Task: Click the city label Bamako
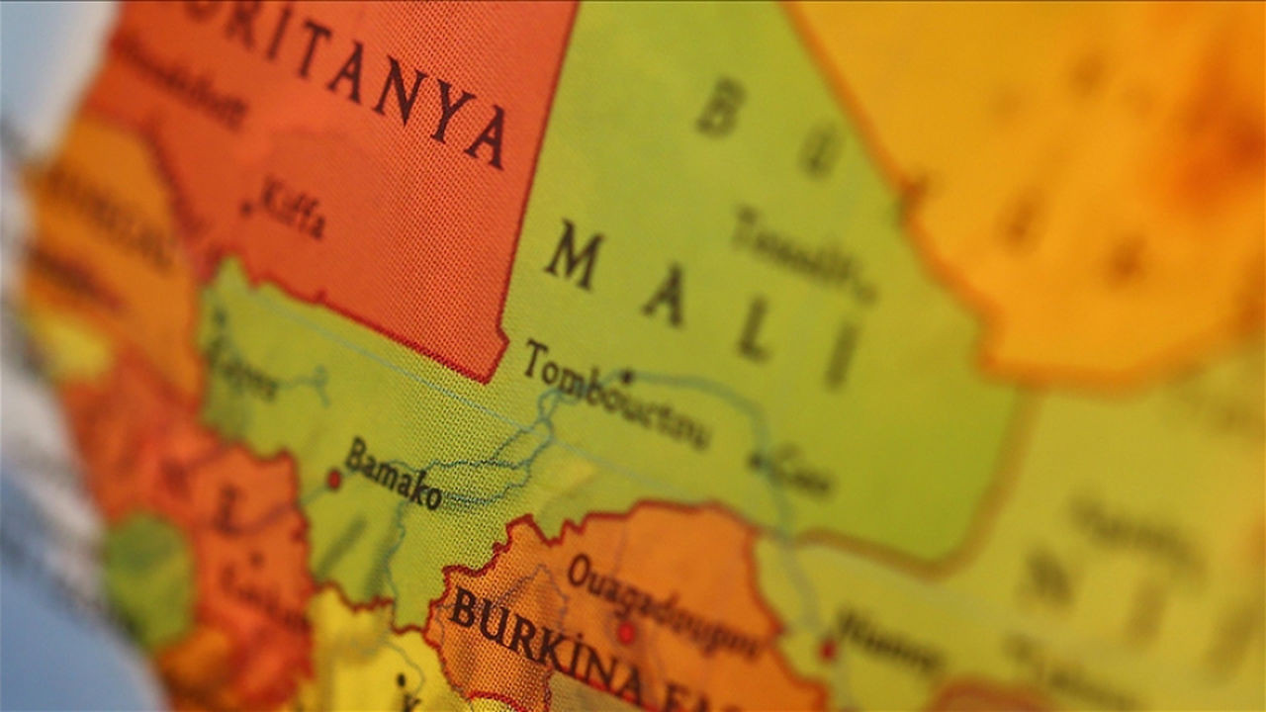[x=393, y=474]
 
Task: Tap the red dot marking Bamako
[x=334, y=480]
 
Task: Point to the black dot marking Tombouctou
[x=626, y=376]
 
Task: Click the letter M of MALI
[x=574, y=255]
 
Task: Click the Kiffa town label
[x=291, y=208]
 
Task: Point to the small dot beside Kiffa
[x=246, y=209]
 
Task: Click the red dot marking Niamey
[x=828, y=649]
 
